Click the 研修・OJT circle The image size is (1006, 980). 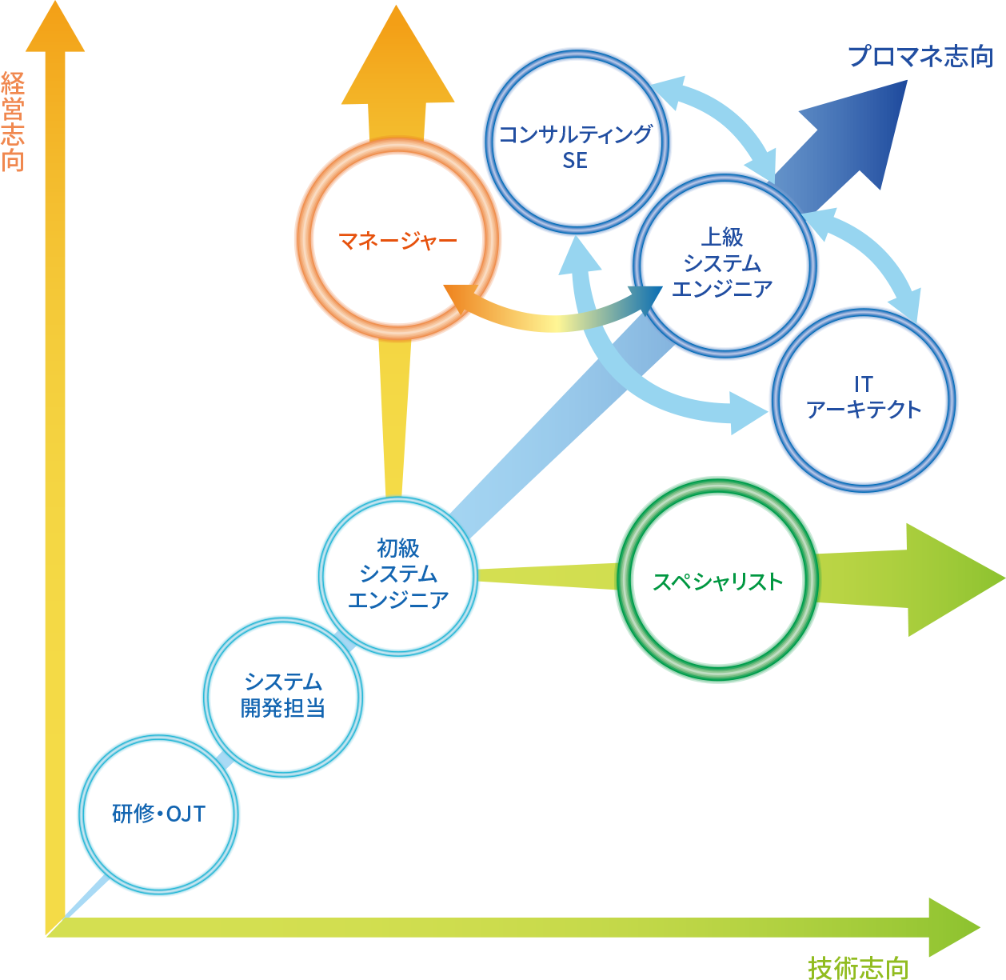coord(158,814)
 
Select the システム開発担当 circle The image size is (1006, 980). coord(283,697)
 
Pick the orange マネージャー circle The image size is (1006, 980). coord(397,239)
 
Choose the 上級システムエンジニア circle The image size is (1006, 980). coord(725,264)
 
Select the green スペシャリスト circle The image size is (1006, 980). coord(717,581)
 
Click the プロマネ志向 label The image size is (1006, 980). coord(920,57)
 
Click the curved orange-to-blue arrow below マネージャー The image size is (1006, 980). coord(552,318)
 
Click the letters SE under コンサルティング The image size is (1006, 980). coord(575,161)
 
